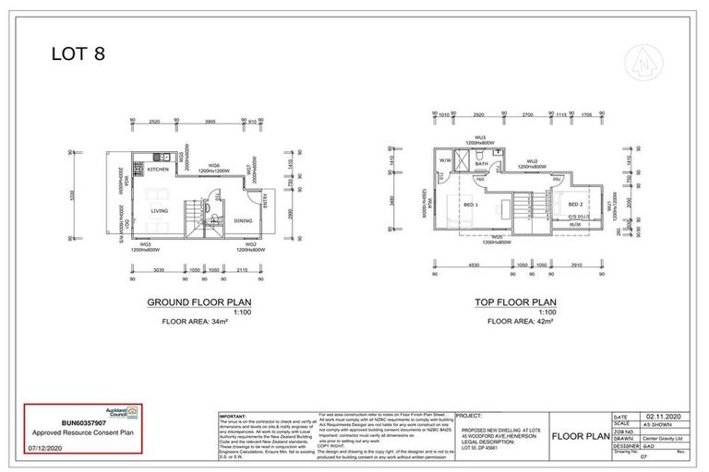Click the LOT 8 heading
tap(78, 53)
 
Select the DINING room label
tap(243, 220)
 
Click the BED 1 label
tap(471, 204)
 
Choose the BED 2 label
tap(574, 204)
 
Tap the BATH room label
tap(481, 163)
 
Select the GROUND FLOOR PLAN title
tap(200, 302)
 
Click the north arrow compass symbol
tap(642, 61)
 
